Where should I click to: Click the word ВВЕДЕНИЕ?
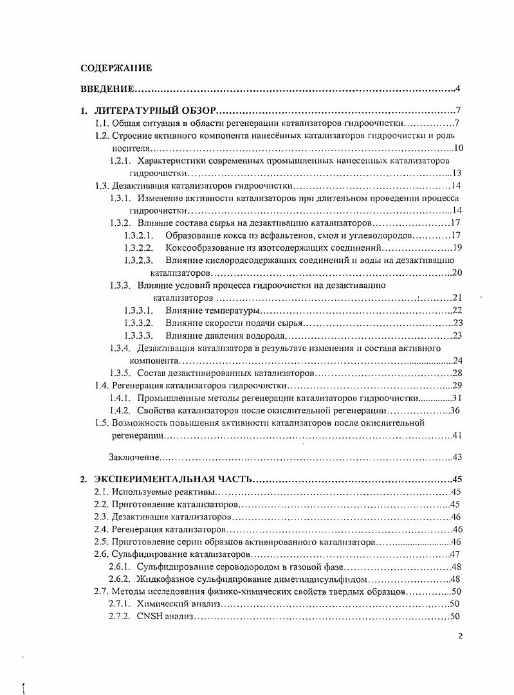(x=107, y=89)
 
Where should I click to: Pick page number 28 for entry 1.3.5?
(x=457, y=373)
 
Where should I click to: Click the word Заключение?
(x=133, y=458)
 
